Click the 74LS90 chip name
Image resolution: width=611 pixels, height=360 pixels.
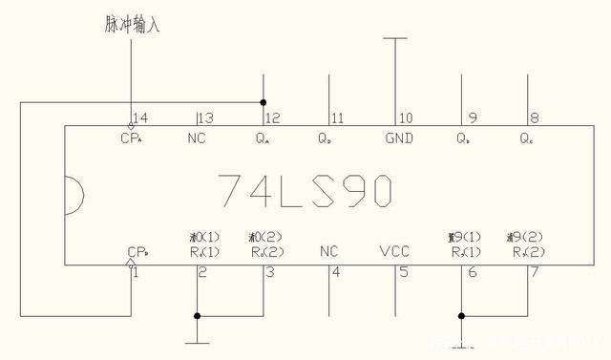click(303, 191)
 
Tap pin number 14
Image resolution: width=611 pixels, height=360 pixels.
click(140, 118)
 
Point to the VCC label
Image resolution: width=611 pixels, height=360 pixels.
click(393, 251)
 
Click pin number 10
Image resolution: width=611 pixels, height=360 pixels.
click(406, 118)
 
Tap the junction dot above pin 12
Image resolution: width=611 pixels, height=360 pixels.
click(263, 101)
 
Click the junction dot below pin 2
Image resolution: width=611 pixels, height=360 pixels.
click(197, 316)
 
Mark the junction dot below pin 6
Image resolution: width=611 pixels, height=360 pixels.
click(461, 316)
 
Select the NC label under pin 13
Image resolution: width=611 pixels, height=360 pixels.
click(197, 138)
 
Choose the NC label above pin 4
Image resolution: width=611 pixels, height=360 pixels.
click(328, 251)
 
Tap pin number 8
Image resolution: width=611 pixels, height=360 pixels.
click(534, 118)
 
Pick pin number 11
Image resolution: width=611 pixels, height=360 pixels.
click(336, 118)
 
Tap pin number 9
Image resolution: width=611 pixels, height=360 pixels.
click(472, 118)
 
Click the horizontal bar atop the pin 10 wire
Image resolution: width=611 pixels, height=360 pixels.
click(394, 38)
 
